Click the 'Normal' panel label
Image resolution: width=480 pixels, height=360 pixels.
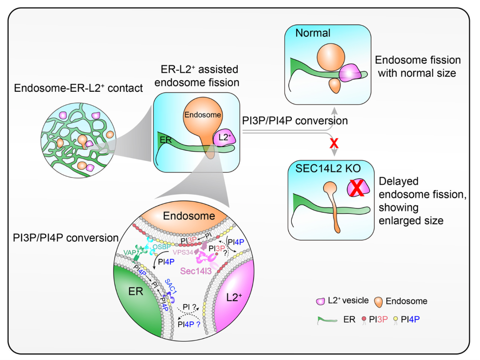point(313,34)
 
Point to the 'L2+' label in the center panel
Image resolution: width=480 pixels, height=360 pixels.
point(222,138)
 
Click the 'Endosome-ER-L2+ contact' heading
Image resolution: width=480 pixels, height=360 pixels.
point(79,89)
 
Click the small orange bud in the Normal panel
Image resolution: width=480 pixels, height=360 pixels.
point(334,85)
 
